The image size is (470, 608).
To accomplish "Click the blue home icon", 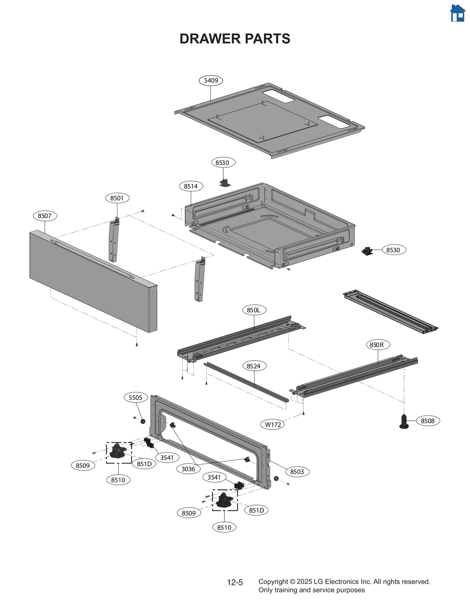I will (457, 14).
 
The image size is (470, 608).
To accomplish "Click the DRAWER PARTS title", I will (235, 39).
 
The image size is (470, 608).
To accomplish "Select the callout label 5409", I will (211, 80).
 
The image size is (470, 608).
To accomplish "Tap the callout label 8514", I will (191, 186).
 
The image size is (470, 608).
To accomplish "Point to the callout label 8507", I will (45, 216).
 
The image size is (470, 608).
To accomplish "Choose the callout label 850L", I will (254, 310).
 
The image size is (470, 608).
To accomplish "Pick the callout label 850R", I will (378, 345).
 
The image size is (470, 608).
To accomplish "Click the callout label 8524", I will (254, 366).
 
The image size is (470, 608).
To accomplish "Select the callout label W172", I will (272, 425).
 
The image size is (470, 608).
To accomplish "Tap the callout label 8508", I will (427, 421).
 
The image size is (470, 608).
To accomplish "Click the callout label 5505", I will (135, 398).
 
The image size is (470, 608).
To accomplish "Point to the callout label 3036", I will (188, 469).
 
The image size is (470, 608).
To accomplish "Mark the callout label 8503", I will (297, 471).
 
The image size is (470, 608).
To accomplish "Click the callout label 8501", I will (117, 198).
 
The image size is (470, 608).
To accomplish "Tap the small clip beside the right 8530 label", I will (367, 251).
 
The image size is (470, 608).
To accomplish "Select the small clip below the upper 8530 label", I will (225, 183).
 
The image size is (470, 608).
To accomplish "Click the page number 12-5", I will (235, 582).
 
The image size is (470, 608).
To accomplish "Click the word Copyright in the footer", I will (273, 582).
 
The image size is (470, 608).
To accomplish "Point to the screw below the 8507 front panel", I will (137, 345).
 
